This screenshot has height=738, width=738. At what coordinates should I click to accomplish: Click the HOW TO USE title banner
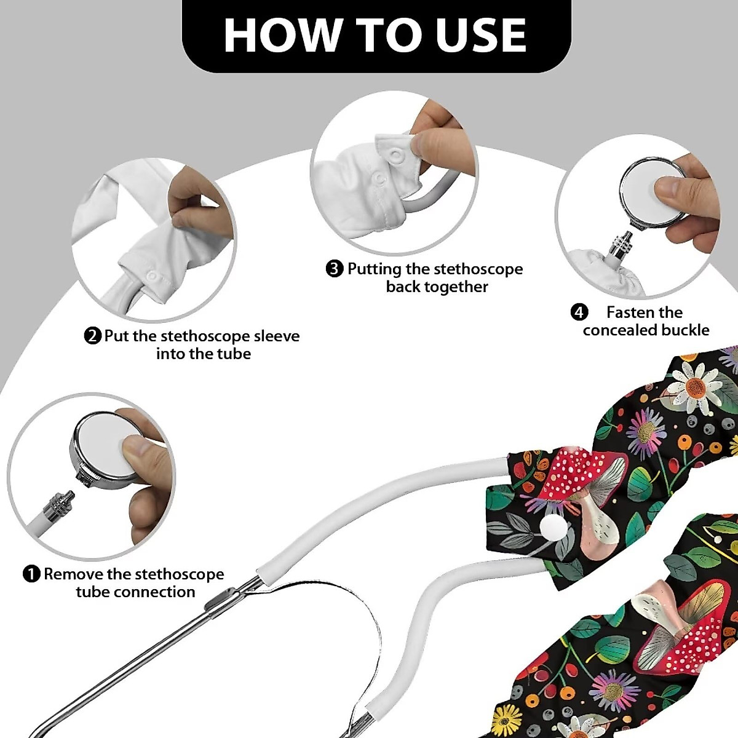click(376, 35)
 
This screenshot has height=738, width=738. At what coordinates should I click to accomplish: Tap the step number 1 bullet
click(31, 574)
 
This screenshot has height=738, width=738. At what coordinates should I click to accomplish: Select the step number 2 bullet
click(92, 336)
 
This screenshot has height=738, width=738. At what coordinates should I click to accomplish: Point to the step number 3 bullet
click(334, 269)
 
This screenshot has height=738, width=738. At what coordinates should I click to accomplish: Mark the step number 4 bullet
click(579, 312)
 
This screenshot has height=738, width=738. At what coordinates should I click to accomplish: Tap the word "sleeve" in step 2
click(277, 336)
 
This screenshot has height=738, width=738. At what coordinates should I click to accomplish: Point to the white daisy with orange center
click(695, 386)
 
